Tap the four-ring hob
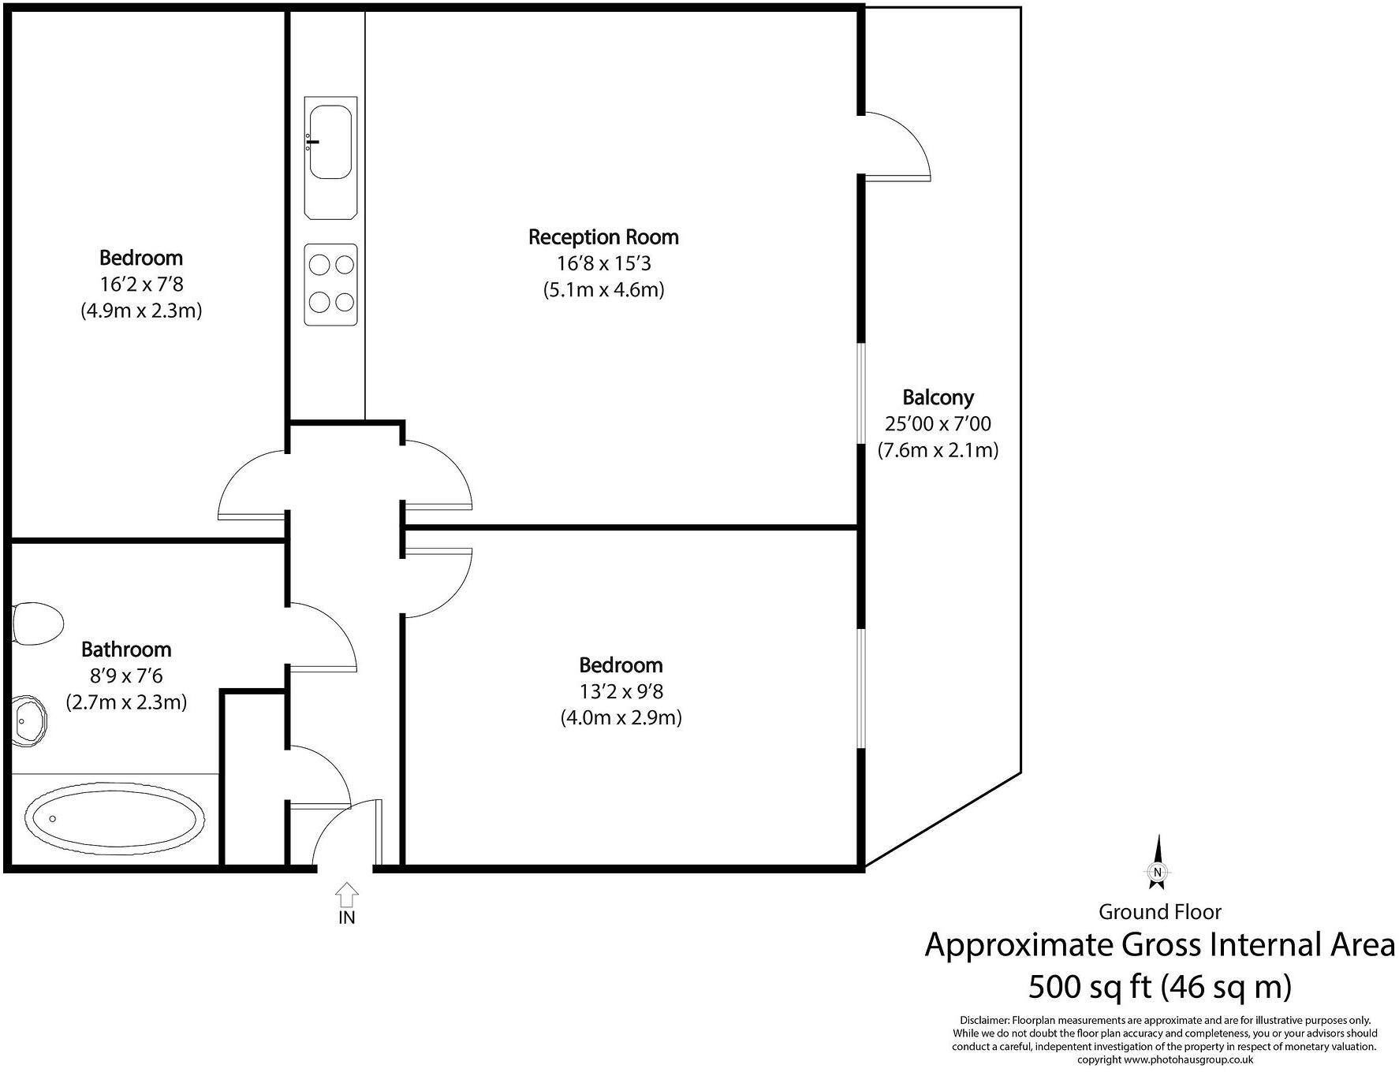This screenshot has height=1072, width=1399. tap(330, 284)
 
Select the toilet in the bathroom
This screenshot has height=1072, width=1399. tap(37, 623)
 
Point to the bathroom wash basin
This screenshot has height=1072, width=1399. tap(29, 719)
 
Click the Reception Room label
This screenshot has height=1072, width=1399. tap(603, 236)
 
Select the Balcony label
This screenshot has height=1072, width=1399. tap(938, 396)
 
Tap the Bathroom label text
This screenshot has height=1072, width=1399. tap(126, 650)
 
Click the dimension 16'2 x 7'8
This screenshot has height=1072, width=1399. tap(141, 284)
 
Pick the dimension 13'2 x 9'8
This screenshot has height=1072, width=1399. tap(621, 691)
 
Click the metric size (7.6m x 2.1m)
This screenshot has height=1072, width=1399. tap(938, 450)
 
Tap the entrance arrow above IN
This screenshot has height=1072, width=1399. tap(347, 895)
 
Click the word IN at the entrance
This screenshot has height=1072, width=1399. tap(347, 918)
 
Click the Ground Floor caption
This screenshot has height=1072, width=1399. tap(1159, 912)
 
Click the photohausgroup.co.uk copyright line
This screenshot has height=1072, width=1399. tap(1165, 1059)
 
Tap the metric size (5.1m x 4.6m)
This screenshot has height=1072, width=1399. tap(603, 289)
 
